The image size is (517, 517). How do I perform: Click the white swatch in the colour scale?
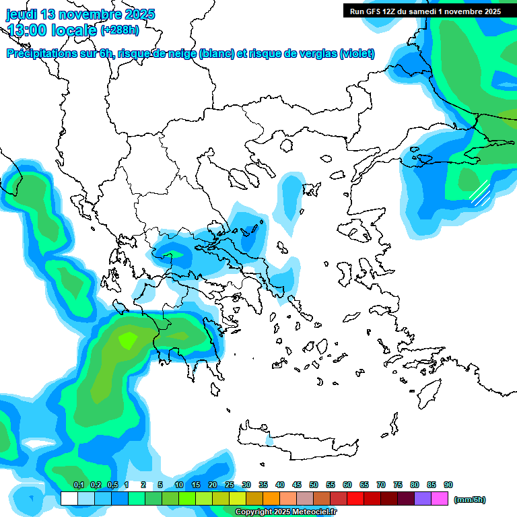(x=69, y=498)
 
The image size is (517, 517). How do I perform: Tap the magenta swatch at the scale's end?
(x=440, y=498)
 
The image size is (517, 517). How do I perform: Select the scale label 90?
(x=448, y=485)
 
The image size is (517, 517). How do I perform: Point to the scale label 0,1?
(x=78, y=485)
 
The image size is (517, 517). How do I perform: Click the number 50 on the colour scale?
(x=314, y=485)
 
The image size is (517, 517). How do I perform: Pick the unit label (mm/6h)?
(x=470, y=499)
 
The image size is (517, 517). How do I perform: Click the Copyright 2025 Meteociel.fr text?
(x=285, y=512)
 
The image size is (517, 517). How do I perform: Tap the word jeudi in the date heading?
(x=22, y=14)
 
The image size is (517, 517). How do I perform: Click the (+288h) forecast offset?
(x=120, y=30)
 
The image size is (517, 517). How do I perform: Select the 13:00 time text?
(x=27, y=30)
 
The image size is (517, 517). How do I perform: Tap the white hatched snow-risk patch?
(x=479, y=192)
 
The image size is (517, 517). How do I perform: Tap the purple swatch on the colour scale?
(x=423, y=498)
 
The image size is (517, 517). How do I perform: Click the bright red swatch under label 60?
(x=355, y=498)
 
